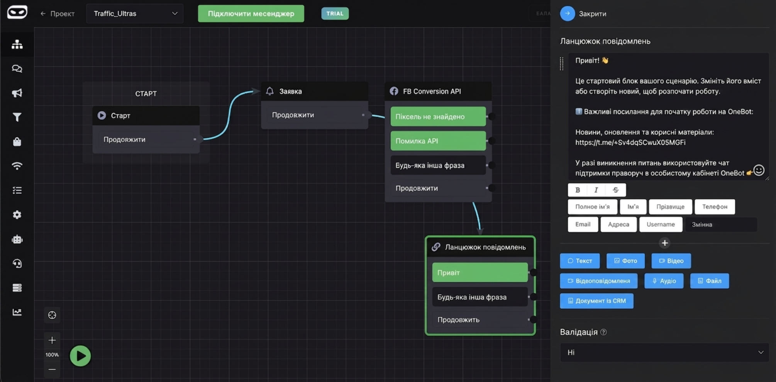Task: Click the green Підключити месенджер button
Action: click(x=251, y=14)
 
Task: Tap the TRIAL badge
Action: click(x=335, y=14)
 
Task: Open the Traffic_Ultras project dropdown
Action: click(x=135, y=14)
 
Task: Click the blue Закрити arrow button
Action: click(x=567, y=14)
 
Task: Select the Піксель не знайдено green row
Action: click(x=438, y=117)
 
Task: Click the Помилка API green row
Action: click(x=438, y=141)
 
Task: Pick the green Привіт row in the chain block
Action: click(x=479, y=272)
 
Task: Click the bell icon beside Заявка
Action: click(x=270, y=91)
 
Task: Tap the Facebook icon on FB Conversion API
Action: click(x=394, y=91)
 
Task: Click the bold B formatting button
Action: click(x=578, y=190)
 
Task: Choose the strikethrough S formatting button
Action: click(x=616, y=190)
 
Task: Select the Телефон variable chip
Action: click(x=715, y=207)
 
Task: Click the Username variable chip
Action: click(x=661, y=224)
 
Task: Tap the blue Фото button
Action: click(x=625, y=261)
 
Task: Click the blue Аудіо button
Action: click(x=664, y=281)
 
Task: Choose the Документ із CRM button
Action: click(x=596, y=301)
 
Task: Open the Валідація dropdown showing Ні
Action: click(x=664, y=352)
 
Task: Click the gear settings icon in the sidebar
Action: click(x=17, y=215)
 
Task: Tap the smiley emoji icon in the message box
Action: click(x=759, y=170)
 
